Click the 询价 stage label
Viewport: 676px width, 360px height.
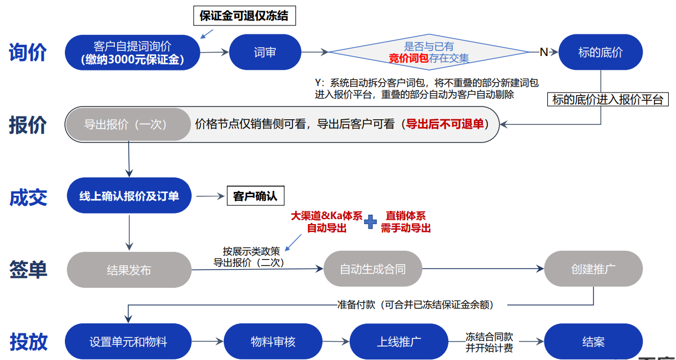pos(28,53)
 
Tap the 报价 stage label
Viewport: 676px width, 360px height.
pos(28,125)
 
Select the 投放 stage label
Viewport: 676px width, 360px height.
pos(28,342)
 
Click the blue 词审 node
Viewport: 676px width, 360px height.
pos(265,52)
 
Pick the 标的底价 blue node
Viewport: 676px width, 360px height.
pos(601,52)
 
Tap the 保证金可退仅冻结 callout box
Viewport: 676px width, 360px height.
pos(244,16)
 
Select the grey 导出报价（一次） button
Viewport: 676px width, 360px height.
pos(128,125)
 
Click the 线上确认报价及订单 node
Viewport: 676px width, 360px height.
pos(129,196)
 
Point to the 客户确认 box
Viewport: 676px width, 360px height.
pos(255,196)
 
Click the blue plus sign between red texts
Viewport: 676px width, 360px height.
pos(370,222)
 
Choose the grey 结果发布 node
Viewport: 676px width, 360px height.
pos(129,270)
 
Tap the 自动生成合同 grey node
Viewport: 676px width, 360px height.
pos(372,269)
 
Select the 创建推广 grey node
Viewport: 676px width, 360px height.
pos(593,269)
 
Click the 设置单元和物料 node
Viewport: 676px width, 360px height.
pos(128,342)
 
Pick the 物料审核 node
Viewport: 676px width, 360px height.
pos(273,342)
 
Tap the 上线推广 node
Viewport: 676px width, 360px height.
pos(398,342)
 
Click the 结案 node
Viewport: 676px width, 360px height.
pos(593,342)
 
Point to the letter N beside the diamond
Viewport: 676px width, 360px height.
pos(543,52)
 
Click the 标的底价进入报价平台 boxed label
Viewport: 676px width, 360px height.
pos(608,100)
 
